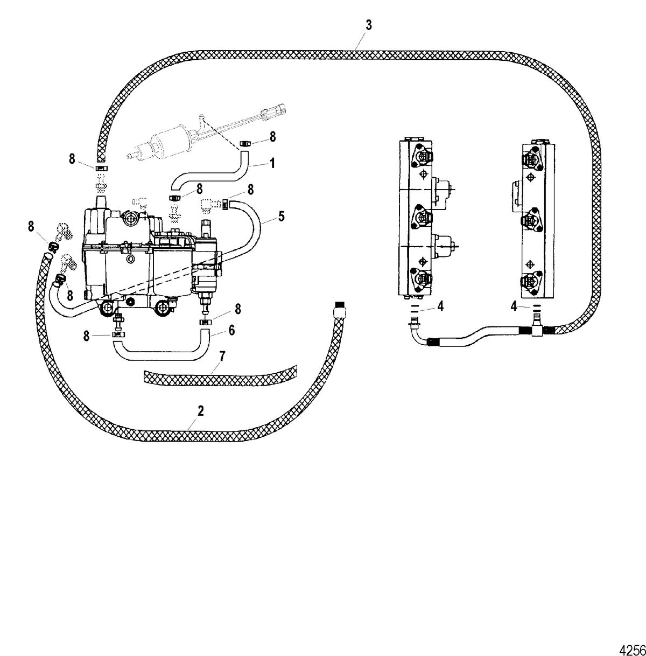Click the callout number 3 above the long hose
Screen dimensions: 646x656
(369, 26)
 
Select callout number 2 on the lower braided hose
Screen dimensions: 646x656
(201, 411)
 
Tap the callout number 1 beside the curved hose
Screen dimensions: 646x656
(272, 164)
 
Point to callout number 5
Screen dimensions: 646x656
(281, 216)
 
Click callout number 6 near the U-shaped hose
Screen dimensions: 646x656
(231, 330)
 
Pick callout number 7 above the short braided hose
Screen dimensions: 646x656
(222, 357)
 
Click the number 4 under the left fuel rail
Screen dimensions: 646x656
(440, 306)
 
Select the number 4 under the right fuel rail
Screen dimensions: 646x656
(514, 306)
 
